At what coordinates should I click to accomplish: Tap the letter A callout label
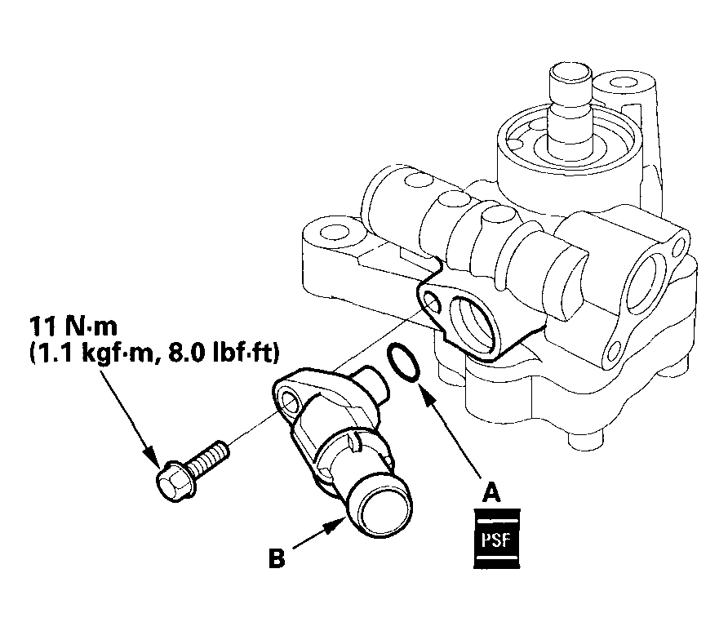(x=491, y=492)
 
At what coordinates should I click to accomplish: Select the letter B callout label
(x=277, y=560)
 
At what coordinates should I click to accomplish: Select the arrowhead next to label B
(x=334, y=525)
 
